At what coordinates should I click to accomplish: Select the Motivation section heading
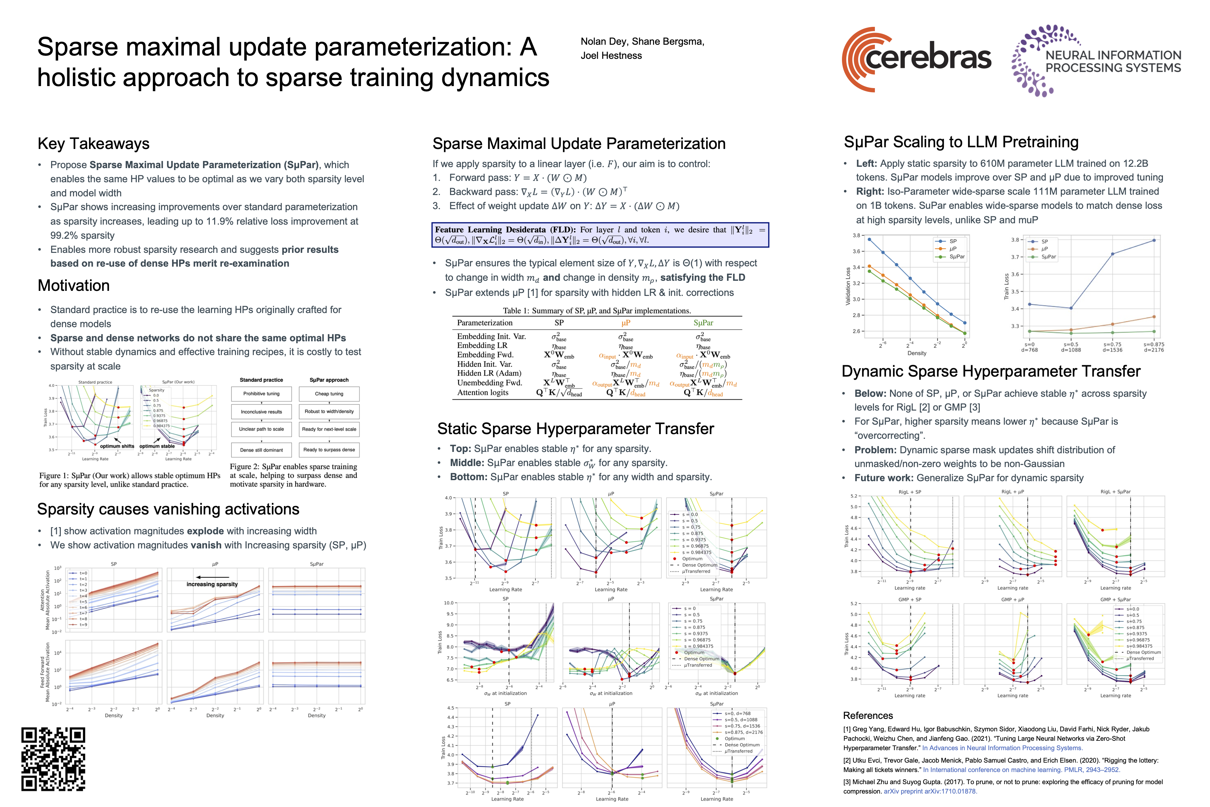pyautogui.click(x=74, y=285)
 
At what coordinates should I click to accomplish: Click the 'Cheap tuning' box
pyautogui.click(x=329, y=394)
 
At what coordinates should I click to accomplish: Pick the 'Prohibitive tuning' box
pyautogui.click(x=261, y=394)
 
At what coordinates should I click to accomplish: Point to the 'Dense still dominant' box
pyautogui.click(x=261, y=450)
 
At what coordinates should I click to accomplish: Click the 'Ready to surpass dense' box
pyautogui.click(x=329, y=450)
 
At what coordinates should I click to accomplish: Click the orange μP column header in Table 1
pyautogui.click(x=626, y=323)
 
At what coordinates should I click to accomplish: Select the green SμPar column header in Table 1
pyautogui.click(x=703, y=323)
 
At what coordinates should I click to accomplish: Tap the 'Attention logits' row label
pyautogui.click(x=483, y=393)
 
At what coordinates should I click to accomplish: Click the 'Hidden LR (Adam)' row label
pyautogui.click(x=489, y=373)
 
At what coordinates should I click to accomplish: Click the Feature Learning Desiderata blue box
pyautogui.click(x=600, y=235)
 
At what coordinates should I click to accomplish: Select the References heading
pyautogui.click(x=868, y=716)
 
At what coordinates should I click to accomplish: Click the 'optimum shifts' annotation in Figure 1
pyautogui.click(x=117, y=446)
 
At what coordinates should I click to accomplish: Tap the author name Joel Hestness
pyautogui.click(x=611, y=55)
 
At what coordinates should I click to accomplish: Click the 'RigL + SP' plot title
pyautogui.click(x=910, y=492)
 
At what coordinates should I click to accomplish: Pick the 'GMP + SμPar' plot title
pyautogui.click(x=1115, y=600)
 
